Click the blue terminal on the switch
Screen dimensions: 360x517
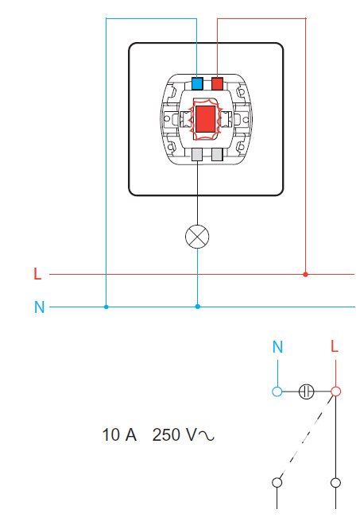point(197,83)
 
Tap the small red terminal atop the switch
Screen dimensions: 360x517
point(217,83)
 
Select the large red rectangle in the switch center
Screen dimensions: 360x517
point(205,119)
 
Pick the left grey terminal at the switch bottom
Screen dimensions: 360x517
point(197,154)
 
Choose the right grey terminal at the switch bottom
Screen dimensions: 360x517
point(217,154)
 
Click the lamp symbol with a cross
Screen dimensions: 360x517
point(197,237)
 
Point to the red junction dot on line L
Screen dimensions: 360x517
point(305,274)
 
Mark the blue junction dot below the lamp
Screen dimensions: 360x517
point(198,307)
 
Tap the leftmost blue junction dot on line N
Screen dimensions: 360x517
point(106,307)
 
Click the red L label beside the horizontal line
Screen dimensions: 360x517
point(37,274)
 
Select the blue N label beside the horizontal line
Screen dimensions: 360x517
point(39,307)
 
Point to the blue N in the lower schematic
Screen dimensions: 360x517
point(277,346)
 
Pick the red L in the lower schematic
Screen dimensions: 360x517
point(335,346)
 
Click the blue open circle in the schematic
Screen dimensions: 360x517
point(277,392)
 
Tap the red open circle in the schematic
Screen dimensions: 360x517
point(335,392)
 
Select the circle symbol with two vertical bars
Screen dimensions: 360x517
point(306,392)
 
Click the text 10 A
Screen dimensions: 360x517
point(119,434)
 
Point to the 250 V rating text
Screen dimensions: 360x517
point(174,434)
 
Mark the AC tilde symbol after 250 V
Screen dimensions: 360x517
point(207,436)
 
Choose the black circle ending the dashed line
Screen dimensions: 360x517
point(277,482)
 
